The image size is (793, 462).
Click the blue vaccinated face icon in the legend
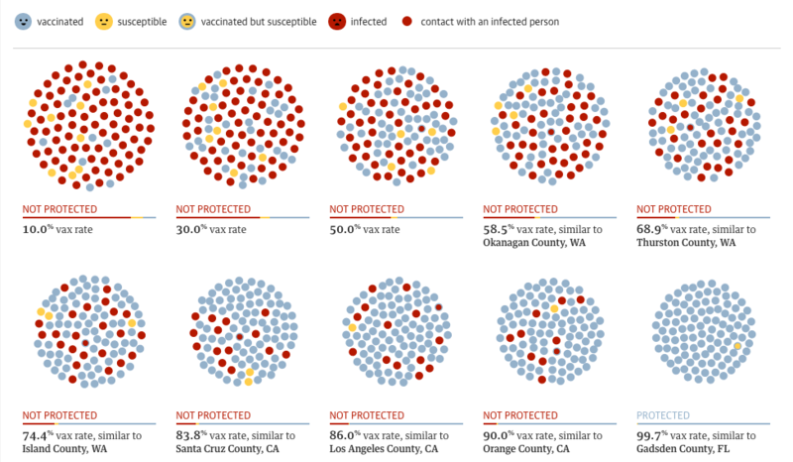pyautogui.click(x=25, y=21)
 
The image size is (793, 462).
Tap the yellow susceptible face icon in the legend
pyautogui.click(x=104, y=21)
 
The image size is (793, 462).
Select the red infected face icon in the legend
pyautogui.click(x=336, y=21)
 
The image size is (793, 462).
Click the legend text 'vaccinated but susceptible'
pyautogui.click(x=259, y=21)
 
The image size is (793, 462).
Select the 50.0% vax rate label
pyautogui.click(x=366, y=230)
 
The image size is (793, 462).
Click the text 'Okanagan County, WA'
pyautogui.click(x=532, y=243)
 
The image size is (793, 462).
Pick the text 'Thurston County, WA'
pyautogui.click(x=686, y=243)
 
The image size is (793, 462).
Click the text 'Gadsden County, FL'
pyautogui.click(x=683, y=449)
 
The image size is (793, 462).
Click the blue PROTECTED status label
pyautogui.click(x=662, y=415)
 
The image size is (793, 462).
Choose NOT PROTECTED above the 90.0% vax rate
pyautogui.click(x=520, y=415)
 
